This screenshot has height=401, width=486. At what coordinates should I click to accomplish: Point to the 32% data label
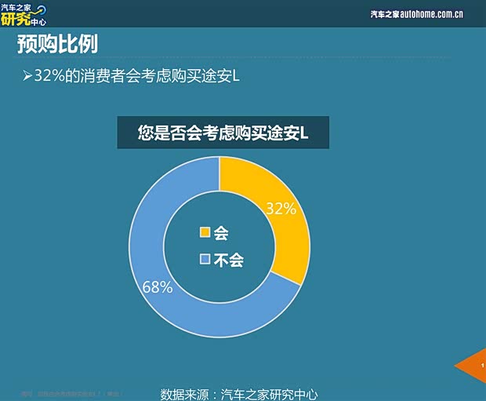(281, 209)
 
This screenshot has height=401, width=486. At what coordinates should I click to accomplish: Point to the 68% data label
(158, 287)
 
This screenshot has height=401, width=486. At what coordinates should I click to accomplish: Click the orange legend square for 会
(205, 232)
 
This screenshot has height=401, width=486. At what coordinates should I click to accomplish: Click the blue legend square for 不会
(205, 259)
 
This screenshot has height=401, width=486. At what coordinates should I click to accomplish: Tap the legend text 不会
(228, 259)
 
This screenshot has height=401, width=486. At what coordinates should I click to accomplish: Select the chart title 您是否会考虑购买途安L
(223, 133)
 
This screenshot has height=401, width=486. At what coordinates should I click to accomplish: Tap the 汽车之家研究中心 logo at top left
(24, 13)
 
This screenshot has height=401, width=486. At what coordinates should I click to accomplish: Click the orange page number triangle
(473, 366)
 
